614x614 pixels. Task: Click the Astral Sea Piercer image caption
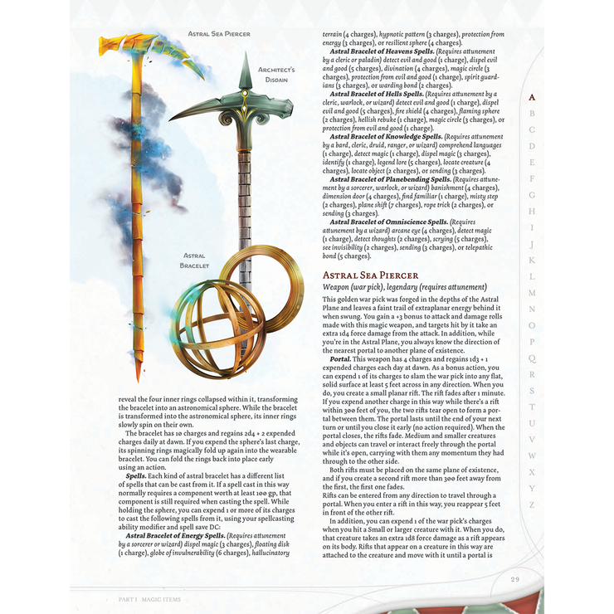[x=220, y=33]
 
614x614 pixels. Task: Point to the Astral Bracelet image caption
[x=196, y=261]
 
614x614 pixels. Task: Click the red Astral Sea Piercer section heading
[x=370, y=275]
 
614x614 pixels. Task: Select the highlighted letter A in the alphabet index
[x=532, y=97]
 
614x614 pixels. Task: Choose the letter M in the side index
[x=532, y=293]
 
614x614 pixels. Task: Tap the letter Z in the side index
[x=532, y=504]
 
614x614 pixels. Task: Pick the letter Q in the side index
[x=532, y=358]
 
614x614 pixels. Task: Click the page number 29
[x=515, y=579]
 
